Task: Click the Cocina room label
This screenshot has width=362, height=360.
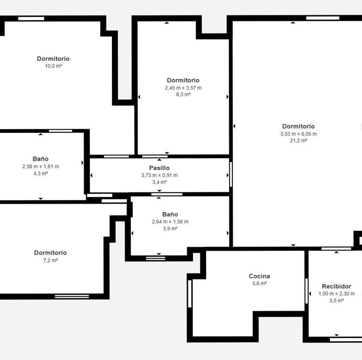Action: [259, 276]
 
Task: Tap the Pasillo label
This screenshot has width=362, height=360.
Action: [159, 168]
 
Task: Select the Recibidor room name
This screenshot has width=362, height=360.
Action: [336, 287]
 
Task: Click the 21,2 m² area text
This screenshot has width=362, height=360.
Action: [298, 140]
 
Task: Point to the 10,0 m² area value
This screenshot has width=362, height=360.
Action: [53, 66]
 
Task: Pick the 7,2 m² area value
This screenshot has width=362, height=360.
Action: [50, 261]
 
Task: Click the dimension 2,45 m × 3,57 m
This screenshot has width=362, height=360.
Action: [183, 88]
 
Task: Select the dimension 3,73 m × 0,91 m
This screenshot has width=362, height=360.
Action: [159, 175]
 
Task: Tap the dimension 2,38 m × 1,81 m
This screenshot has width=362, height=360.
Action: [41, 166]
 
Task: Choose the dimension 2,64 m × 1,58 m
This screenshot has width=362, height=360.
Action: [170, 222]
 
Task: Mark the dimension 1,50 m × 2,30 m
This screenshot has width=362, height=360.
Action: [336, 294]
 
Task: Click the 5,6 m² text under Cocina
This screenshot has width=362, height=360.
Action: [259, 283]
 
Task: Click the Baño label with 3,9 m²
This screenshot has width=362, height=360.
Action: [170, 215]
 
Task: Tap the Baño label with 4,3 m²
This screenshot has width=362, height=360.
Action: [41, 159]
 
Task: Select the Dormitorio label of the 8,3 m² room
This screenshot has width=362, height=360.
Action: [183, 80]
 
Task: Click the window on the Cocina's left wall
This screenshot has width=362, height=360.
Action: [190, 294]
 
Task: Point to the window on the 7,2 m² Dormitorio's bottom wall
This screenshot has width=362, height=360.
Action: [72, 296]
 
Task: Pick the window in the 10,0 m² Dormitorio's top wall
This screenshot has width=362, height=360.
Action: [31, 19]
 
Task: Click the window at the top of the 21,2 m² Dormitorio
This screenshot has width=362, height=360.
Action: [323, 18]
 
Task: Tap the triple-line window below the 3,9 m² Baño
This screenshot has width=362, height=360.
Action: [155, 258]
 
